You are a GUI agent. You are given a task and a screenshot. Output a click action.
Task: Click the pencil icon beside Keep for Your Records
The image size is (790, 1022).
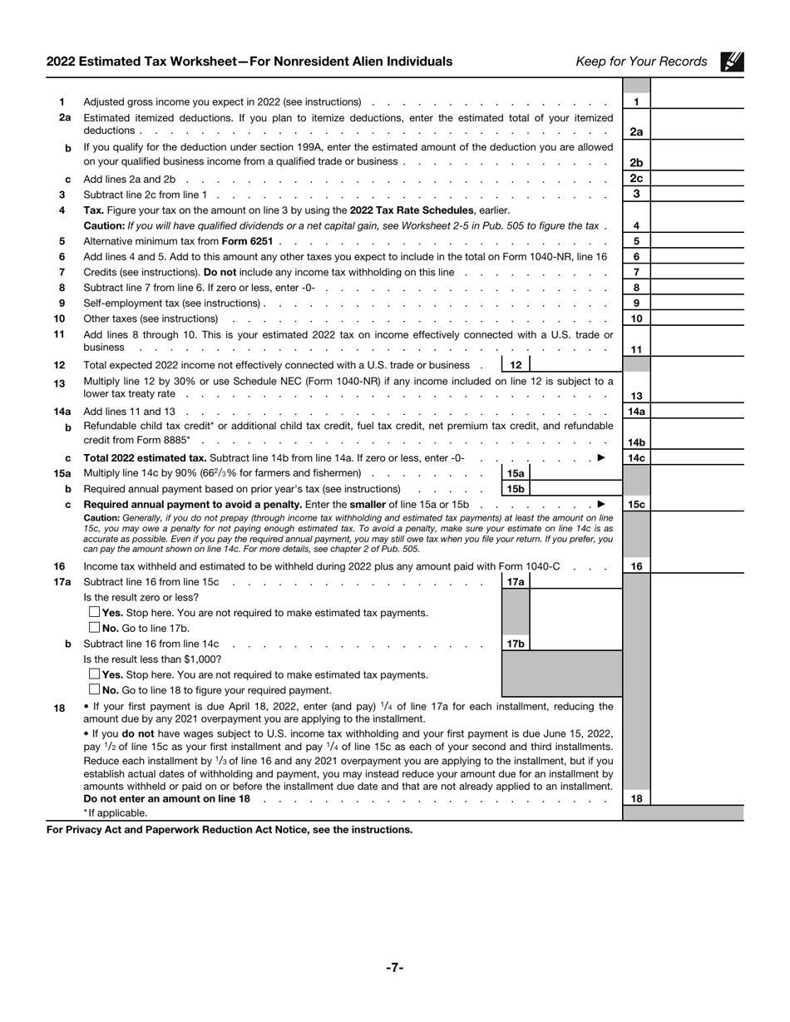732,61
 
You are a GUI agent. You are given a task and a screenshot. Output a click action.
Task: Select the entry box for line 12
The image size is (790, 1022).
575,365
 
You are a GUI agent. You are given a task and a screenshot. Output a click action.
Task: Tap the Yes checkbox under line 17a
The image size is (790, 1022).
94,613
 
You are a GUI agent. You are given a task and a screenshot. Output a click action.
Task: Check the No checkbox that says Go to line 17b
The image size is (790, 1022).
94,629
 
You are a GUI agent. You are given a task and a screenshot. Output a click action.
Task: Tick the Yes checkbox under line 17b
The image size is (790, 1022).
94,674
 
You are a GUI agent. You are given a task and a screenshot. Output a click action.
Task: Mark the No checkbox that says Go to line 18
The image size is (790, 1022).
94,690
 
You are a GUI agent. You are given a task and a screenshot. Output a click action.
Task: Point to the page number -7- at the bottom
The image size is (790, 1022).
394,967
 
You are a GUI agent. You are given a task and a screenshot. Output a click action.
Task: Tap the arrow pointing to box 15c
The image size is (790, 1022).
601,505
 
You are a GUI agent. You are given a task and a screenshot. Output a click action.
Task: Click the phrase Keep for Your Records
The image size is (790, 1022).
641,62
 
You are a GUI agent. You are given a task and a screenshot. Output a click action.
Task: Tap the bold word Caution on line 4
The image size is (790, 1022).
104,226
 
